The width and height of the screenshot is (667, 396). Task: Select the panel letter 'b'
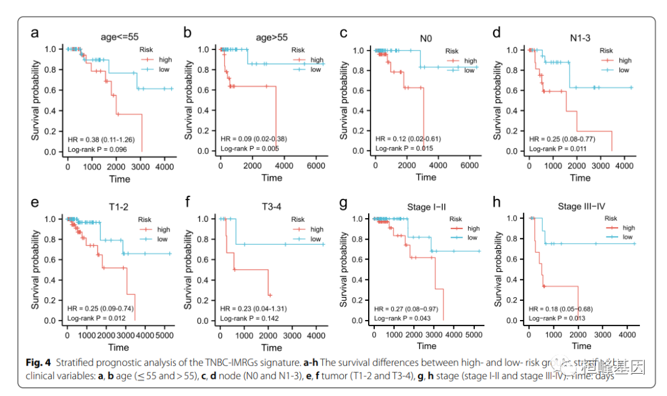coord(187,33)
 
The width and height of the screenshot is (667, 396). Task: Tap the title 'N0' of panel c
coord(426,38)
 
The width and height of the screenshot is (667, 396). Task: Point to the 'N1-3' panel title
coord(580,38)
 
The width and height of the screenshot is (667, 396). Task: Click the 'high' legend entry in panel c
coord(470,61)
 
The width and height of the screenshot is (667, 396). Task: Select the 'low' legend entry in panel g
coord(472,237)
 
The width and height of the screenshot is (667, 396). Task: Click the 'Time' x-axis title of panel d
coord(580,178)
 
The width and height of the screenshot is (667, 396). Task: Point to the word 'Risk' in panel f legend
coord(298,219)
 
